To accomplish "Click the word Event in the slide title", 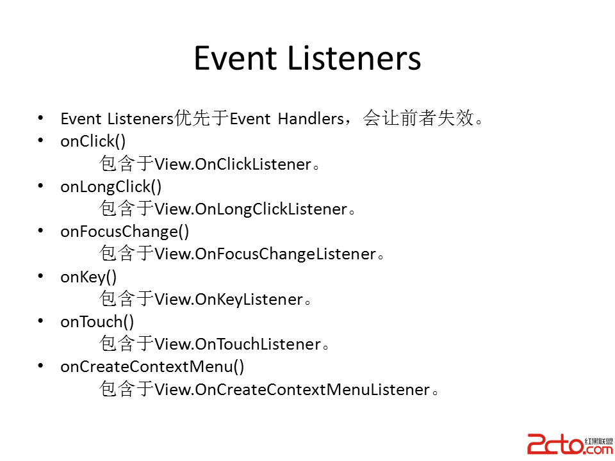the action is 235,58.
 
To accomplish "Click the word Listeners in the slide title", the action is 354,58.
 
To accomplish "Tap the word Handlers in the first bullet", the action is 311,118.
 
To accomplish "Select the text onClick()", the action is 93,142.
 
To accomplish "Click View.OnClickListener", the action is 233,165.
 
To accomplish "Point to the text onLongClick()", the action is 111,187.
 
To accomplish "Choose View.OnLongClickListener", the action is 251,209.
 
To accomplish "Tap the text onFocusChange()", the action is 125,232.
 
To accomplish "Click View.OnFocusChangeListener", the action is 265,254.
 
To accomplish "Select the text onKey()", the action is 88,277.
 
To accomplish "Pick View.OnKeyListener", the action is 229,300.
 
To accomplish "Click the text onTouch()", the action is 97,322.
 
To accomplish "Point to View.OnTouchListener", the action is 238,344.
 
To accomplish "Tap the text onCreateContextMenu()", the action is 152,367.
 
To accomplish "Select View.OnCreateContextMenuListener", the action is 292,390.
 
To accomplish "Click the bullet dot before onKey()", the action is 41,275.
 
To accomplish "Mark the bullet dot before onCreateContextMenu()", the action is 41,366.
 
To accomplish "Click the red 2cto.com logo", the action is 570,444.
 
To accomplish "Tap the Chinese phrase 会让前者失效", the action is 418,118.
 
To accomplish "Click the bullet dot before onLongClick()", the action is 41,186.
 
